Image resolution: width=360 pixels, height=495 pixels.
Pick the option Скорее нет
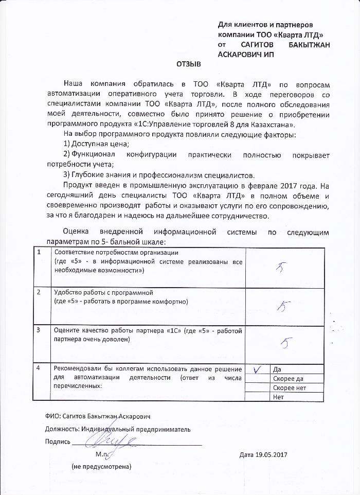click(290, 388)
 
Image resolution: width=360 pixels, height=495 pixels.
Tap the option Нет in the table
click(279, 396)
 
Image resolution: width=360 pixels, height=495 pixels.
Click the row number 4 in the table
click(39, 368)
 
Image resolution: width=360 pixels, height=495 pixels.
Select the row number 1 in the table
click(39, 252)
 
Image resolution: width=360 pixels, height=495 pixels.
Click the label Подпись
click(57, 441)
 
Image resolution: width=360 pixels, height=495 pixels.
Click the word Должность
click(62, 429)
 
